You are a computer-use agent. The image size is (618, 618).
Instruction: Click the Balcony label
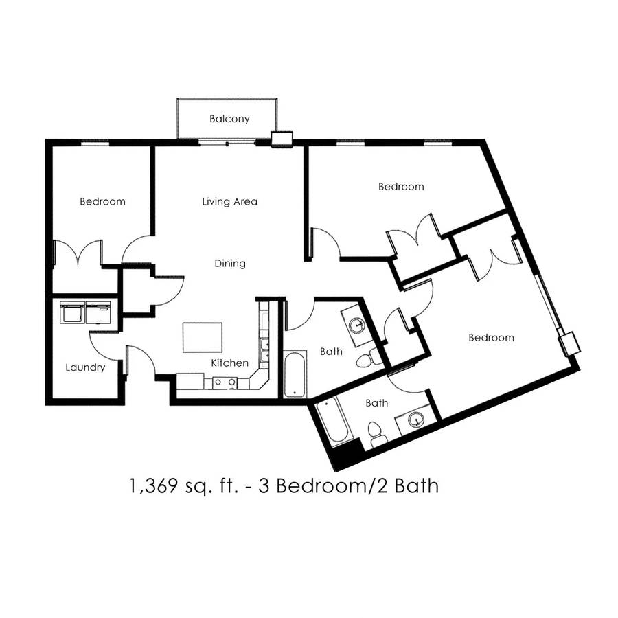229,119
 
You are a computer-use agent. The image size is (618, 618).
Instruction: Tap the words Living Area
230,201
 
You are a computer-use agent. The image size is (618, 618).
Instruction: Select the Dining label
230,263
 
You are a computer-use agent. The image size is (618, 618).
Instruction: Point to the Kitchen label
230,363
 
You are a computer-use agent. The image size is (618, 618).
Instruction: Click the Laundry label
85,368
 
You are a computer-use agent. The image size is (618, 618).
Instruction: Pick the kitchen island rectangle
202,337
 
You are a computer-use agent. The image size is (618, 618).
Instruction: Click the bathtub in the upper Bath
295,374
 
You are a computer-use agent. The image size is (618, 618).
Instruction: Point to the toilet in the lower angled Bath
376,434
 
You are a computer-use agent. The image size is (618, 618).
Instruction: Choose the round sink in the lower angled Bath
415,420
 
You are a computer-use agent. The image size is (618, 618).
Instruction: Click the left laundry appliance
72,312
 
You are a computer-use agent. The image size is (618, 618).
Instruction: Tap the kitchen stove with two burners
225,382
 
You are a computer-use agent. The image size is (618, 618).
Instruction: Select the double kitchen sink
264,350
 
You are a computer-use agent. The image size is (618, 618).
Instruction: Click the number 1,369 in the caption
153,485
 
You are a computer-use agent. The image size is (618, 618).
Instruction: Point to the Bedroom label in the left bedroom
102,201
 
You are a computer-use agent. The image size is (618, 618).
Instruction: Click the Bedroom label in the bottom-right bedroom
491,337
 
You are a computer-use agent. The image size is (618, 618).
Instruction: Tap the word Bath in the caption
417,485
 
